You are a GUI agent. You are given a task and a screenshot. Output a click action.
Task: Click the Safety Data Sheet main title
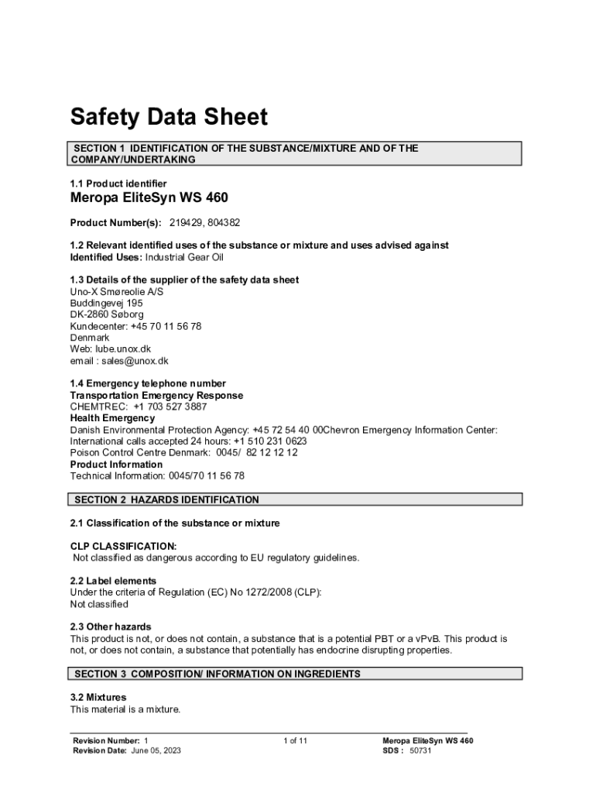pyautogui.click(x=169, y=118)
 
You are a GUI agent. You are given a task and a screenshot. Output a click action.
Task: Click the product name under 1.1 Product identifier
pyautogui.click(x=149, y=198)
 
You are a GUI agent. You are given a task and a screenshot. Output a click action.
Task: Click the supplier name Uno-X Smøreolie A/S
pyautogui.click(x=117, y=291)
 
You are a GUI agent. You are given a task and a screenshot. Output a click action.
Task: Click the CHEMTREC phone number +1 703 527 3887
pyautogui.click(x=170, y=407)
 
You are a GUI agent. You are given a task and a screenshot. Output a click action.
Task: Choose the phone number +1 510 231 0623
pyautogui.click(x=270, y=441)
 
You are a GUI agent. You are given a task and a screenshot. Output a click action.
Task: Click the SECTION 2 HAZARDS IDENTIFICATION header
pyautogui.click(x=166, y=500)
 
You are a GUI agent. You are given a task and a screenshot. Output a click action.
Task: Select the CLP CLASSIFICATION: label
pyautogui.click(x=123, y=546)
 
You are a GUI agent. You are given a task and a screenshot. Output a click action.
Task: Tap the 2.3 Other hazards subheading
pyautogui.click(x=111, y=627)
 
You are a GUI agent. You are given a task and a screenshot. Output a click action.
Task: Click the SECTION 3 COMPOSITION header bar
pyautogui.click(x=218, y=675)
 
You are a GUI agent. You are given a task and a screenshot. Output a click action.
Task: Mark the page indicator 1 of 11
pyautogui.click(x=296, y=741)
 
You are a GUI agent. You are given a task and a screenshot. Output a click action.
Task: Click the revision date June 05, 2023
pyautogui.click(x=156, y=751)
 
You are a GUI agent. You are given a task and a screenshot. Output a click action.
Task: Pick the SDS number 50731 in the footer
pyautogui.click(x=420, y=751)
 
